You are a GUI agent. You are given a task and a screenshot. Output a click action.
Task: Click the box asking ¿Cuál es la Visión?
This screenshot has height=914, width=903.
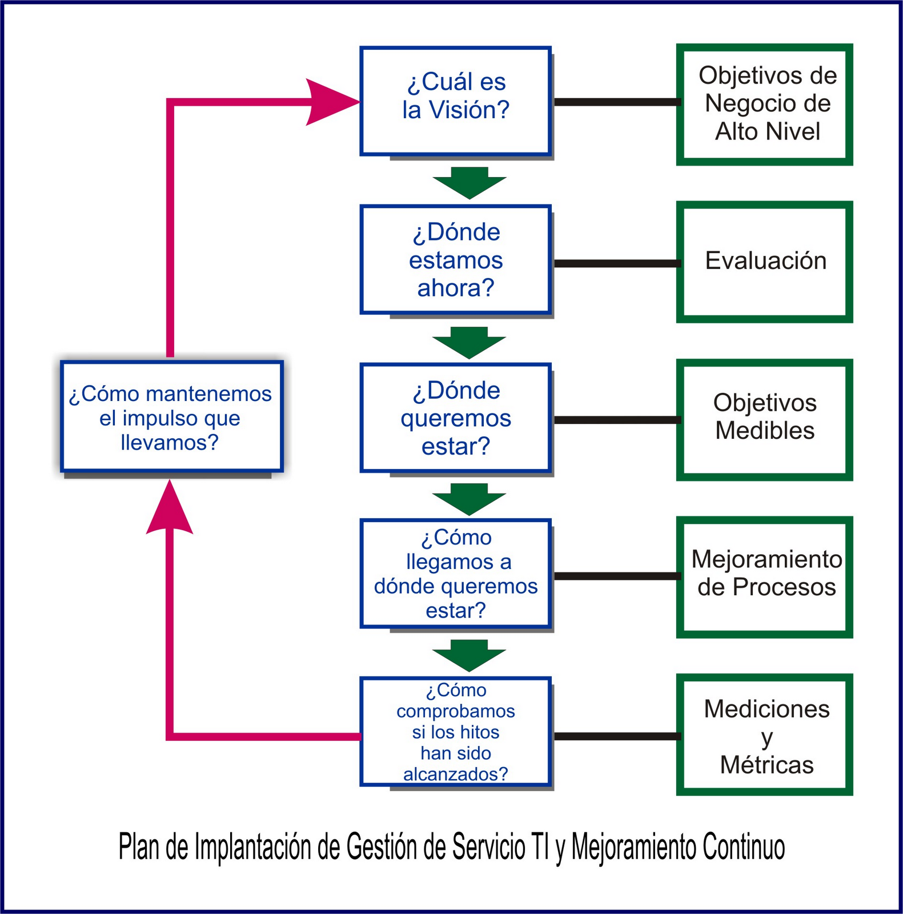pyautogui.click(x=455, y=101)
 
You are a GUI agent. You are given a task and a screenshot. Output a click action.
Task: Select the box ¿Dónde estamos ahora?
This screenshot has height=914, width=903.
pyautogui.click(x=455, y=260)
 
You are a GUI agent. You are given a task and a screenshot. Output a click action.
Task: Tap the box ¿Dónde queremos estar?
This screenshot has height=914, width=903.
pyautogui.click(x=455, y=418)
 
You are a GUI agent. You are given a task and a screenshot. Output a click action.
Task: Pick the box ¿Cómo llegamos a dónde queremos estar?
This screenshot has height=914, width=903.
pyautogui.click(x=455, y=574)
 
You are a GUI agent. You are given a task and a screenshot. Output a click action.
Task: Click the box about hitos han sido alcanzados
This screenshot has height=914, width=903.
pyautogui.click(x=455, y=732)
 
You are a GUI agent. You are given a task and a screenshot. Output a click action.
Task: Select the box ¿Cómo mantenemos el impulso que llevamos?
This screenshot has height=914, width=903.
pyautogui.click(x=171, y=417)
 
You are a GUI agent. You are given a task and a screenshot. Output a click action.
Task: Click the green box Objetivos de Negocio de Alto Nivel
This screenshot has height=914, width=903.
pyautogui.click(x=764, y=105)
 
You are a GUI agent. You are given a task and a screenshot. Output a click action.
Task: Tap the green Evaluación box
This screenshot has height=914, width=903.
pyautogui.click(x=764, y=262)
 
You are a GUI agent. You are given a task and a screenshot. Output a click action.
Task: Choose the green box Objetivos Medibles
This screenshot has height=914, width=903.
pyautogui.click(x=764, y=419)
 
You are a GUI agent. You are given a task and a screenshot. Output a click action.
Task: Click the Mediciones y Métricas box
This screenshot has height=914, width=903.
pyautogui.click(x=764, y=735)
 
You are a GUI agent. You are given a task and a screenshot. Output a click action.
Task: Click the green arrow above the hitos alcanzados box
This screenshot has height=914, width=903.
pyautogui.click(x=469, y=655)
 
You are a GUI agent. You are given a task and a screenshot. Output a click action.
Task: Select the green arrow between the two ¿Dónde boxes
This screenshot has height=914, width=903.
pyautogui.click(x=469, y=342)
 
